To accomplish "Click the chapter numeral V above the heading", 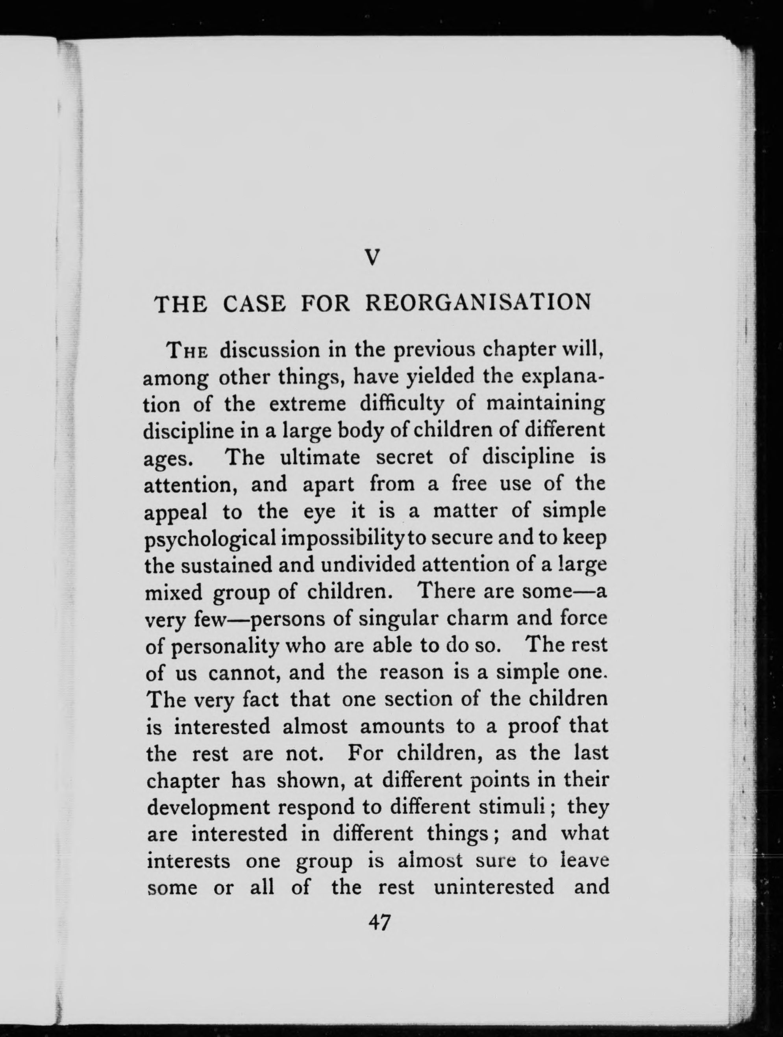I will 371,257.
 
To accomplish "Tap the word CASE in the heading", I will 254,304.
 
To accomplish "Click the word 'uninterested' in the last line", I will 494,887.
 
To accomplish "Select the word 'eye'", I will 319,512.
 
